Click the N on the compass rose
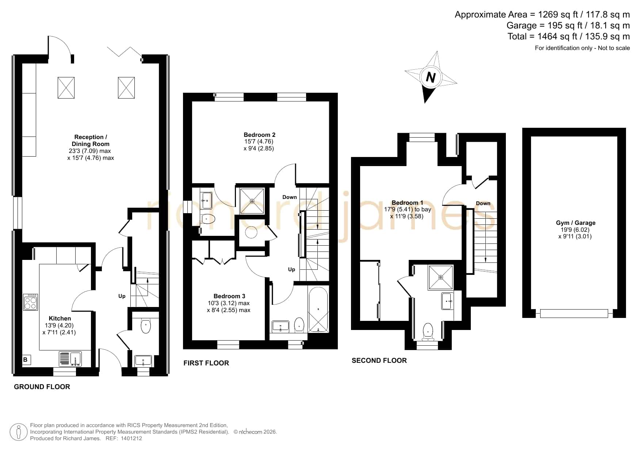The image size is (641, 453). tap(431, 78)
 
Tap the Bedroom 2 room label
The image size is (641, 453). tap(259, 135)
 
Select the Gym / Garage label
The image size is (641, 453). tap(576, 223)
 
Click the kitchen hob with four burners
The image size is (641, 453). tap(30, 302)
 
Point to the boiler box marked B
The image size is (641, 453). tap(26, 360)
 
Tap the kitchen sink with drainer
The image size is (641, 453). tap(70, 359)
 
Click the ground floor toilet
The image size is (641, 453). tap(146, 325)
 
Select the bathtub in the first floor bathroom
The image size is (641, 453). tap(318, 310)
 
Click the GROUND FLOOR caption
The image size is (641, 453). tap(42, 387)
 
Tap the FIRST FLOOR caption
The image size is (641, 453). tap(206, 363)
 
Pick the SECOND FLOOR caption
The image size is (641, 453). tap(379, 361)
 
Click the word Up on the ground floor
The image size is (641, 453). tap(122, 296)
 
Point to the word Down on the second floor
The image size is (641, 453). tap(483, 203)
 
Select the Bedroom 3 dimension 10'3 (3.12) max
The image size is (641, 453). tap(229, 303)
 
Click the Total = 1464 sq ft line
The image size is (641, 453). tap(569, 37)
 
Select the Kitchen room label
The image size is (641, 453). tap(60, 319)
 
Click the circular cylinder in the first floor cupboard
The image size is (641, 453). tap(252, 233)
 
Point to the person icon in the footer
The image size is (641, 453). tap(18, 432)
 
